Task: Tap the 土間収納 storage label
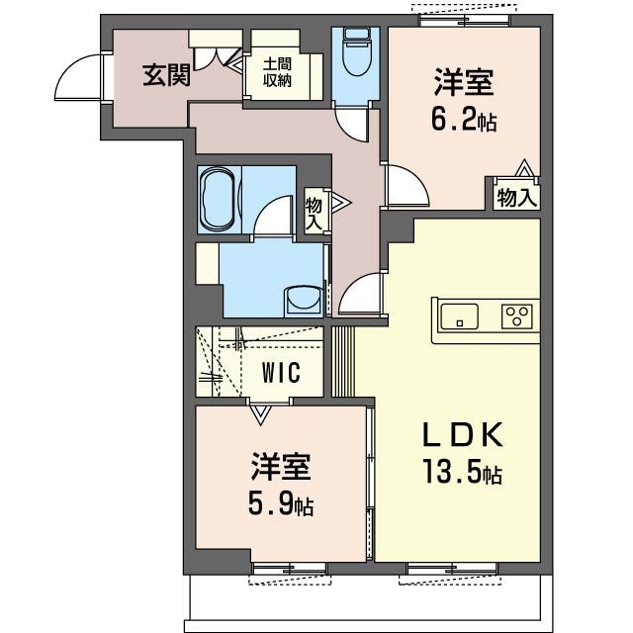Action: tap(276, 72)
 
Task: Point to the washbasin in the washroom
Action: tap(300, 298)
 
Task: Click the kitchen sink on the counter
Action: tap(459, 316)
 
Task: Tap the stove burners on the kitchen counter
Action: tap(516, 316)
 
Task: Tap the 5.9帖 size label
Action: tap(281, 506)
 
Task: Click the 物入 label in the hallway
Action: tap(314, 212)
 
